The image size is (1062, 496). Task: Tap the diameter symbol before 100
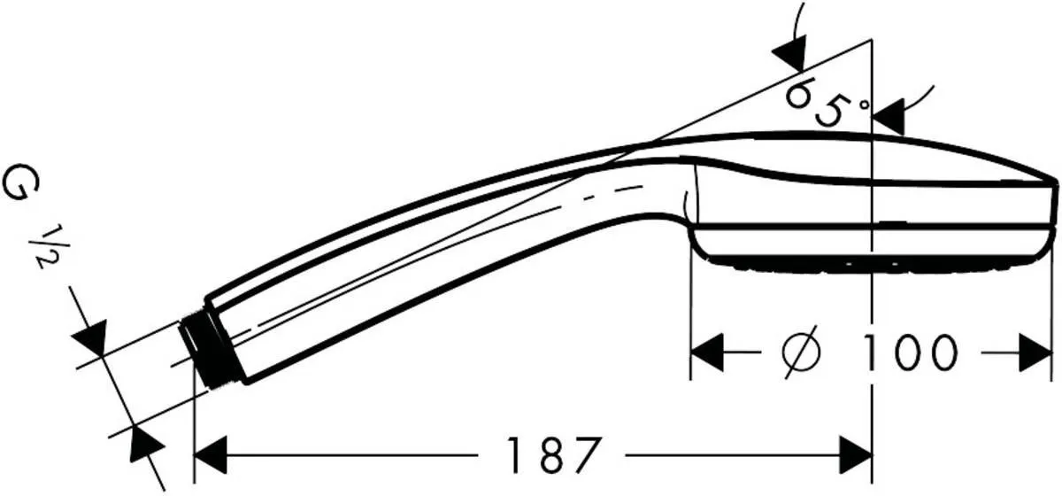click(802, 353)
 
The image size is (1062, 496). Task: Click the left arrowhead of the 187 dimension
click(209, 456)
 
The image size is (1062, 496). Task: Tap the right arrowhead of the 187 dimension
click(857, 456)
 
